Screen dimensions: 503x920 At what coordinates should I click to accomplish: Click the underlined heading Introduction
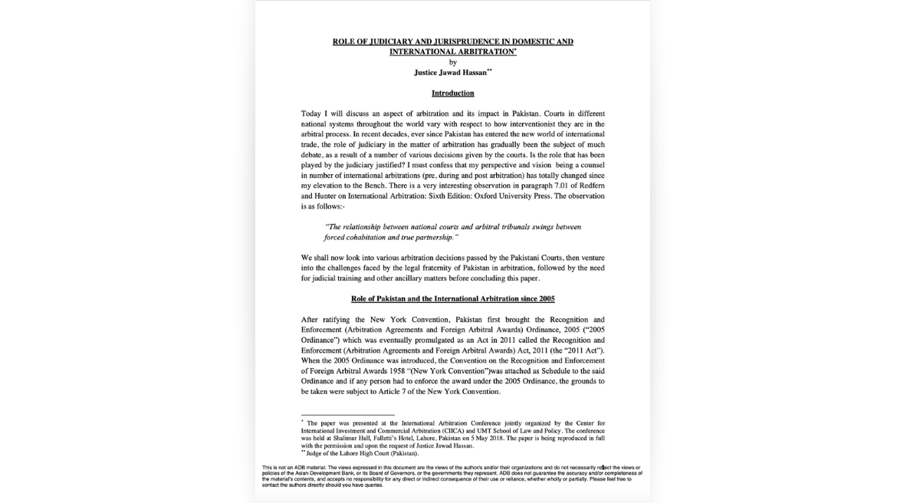click(452, 93)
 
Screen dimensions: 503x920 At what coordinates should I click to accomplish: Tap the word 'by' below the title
click(452, 62)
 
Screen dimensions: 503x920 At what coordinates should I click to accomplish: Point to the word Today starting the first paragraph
click(313, 113)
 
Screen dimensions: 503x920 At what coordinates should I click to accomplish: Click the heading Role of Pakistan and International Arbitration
click(452, 298)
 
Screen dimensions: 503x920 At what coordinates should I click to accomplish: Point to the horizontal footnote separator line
click(347, 415)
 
